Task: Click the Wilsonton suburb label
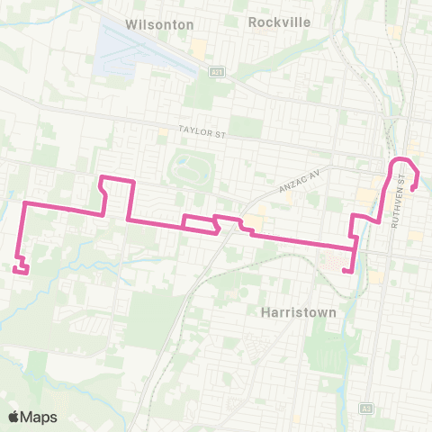click(160, 24)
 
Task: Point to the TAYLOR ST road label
click(202, 132)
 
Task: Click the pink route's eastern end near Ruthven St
click(412, 189)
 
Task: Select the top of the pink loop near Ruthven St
click(401, 160)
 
